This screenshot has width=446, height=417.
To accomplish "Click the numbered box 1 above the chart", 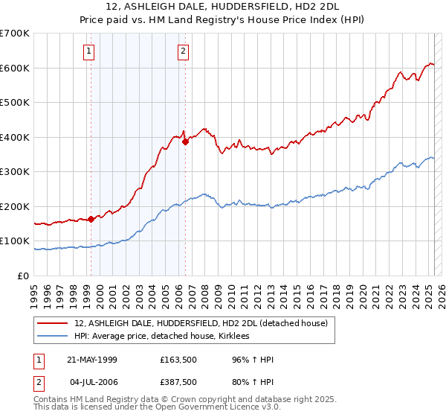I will [x=88, y=51].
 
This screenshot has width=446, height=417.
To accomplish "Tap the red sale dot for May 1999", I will [x=91, y=219].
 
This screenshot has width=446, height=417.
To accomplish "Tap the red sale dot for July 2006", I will [x=185, y=141].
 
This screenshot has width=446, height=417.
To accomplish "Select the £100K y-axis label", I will [x=15, y=241].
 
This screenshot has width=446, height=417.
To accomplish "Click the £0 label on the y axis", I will [x=24, y=276].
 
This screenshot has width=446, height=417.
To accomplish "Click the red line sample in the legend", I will [x=54, y=322].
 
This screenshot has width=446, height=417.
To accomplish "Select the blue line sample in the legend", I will [x=54, y=337].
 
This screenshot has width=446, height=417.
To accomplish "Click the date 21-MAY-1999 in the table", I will [x=92, y=360].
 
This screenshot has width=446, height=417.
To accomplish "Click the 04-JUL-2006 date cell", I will [x=92, y=383].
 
